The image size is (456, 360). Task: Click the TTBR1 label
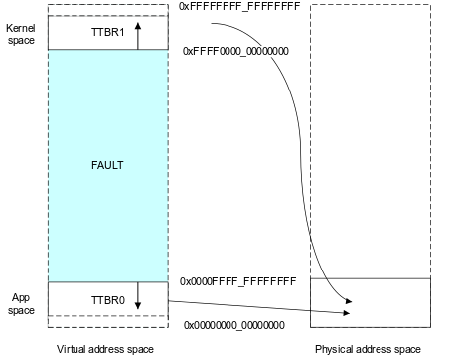[x=107, y=32]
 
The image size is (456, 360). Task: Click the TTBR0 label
[x=108, y=300]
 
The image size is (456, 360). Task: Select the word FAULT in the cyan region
[x=107, y=165]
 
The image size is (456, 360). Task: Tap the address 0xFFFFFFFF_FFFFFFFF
[x=239, y=6]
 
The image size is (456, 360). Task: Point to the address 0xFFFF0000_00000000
[x=235, y=51]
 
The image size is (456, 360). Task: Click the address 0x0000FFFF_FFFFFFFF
[x=237, y=281]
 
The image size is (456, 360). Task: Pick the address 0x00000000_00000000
[x=234, y=325]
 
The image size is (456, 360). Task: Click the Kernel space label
[x=21, y=34]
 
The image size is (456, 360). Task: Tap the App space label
[x=21, y=304]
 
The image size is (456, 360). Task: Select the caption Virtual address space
[x=105, y=349]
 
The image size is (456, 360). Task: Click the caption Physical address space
[x=368, y=349]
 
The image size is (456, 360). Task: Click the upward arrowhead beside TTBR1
[x=138, y=26]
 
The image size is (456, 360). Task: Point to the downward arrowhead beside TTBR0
[x=138, y=305]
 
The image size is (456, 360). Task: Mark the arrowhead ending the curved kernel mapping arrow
[x=349, y=301]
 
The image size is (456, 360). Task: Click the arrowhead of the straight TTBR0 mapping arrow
[x=347, y=313]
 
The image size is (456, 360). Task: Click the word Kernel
[x=21, y=28]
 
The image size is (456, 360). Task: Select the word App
[x=21, y=297]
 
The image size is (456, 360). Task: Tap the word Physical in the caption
[x=332, y=349]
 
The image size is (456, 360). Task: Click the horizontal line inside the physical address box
[x=371, y=278]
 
